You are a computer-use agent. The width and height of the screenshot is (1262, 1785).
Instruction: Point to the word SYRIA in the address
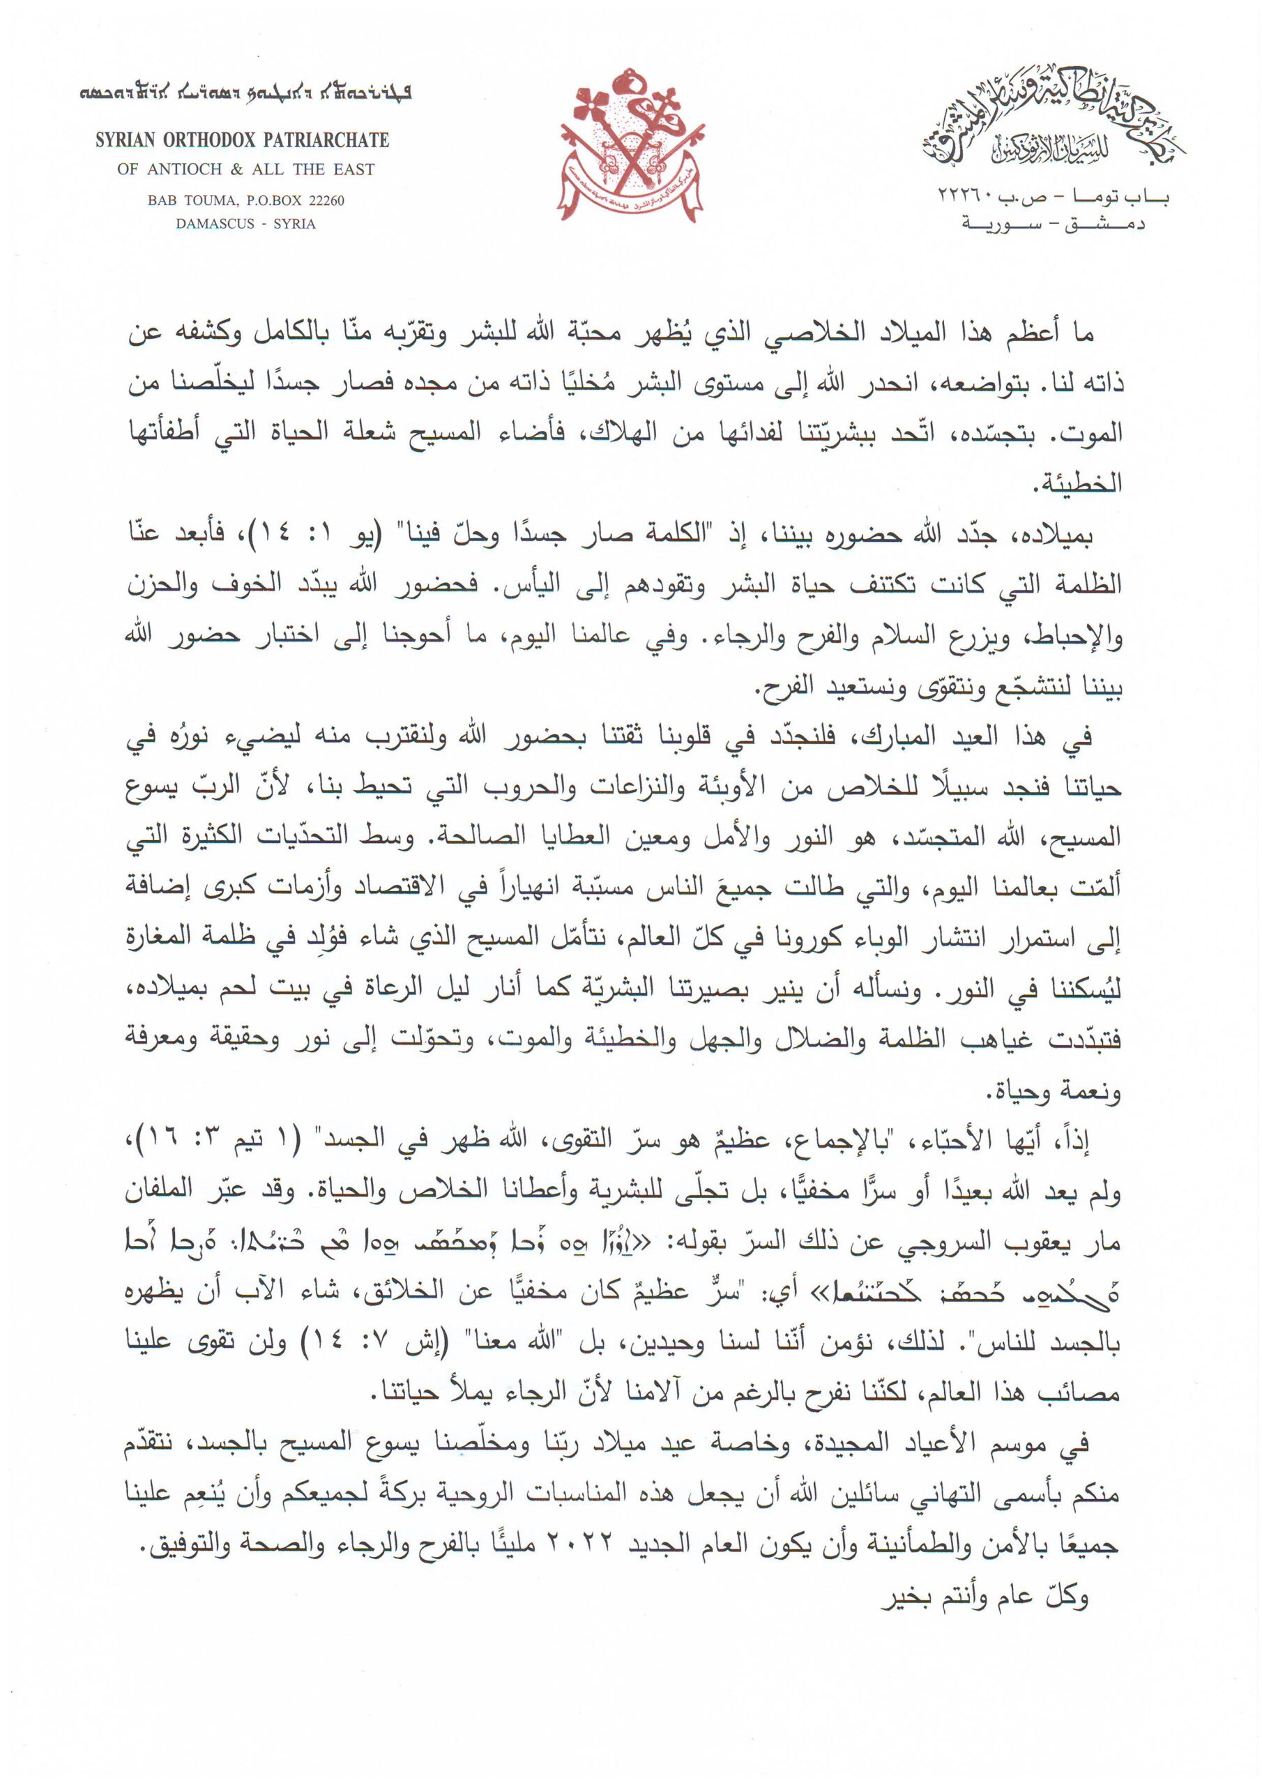click(295, 224)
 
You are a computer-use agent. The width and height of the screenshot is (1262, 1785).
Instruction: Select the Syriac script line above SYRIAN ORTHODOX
click(245, 95)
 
